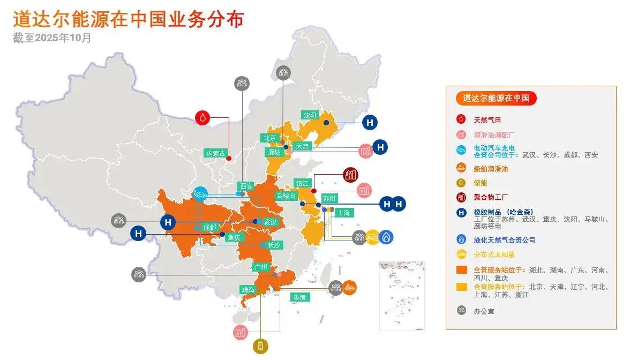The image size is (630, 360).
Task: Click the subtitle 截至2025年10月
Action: click(x=52, y=38)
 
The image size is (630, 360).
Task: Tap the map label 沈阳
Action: click(x=311, y=115)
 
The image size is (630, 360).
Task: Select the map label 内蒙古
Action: click(x=216, y=153)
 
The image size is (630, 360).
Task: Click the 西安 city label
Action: click(x=246, y=186)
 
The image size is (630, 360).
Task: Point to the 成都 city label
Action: click(x=210, y=228)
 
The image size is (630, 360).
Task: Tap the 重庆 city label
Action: click(x=234, y=237)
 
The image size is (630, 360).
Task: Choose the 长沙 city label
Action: click(x=274, y=245)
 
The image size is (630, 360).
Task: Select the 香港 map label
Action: click(x=299, y=297)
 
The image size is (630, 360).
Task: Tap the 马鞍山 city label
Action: click(x=286, y=196)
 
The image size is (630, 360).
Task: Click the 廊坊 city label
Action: click(x=274, y=152)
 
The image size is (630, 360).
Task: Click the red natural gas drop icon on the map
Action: click(x=202, y=117)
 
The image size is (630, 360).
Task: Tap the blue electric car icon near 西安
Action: click(x=201, y=193)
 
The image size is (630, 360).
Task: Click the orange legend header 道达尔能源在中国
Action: click(x=496, y=98)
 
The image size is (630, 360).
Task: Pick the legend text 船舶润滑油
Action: click(x=491, y=169)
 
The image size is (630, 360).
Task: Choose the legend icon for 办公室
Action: click(x=461, y=310)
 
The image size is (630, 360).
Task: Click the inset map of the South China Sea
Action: click(x=402, y=296)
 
